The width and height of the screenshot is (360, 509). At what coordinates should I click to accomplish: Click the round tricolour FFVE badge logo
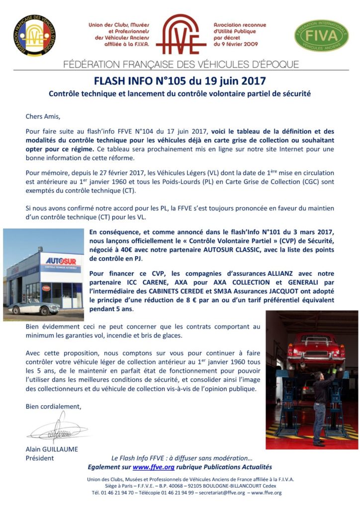(x=34, y=35)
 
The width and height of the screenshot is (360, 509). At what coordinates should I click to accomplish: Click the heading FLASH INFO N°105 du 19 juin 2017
(x=180, y=81)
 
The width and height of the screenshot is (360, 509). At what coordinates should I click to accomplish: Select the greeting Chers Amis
(x=42, y=117)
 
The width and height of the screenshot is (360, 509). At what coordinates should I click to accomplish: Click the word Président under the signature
(x=40, y=458)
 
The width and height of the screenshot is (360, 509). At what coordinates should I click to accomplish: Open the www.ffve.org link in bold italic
(x=153, y=467)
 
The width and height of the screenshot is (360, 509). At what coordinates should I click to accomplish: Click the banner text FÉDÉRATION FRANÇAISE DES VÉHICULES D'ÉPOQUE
(x=181, y=65)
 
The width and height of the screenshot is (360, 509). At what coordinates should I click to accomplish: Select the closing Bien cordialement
(x=53, y=406)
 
